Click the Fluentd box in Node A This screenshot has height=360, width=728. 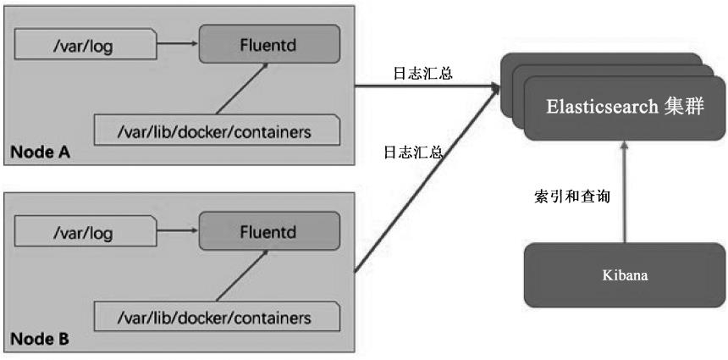(x=268, y=44)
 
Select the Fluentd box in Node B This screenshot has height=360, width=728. (x=268, y=230)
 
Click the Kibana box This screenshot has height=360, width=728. (x=625, y=275)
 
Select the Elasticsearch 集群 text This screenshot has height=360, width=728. (x=625, y=108)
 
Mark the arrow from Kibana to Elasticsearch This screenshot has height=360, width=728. (x=624, y=191)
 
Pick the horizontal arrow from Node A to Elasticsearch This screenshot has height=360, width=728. (x=423, y=86)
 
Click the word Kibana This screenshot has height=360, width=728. (x=625, y=275)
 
